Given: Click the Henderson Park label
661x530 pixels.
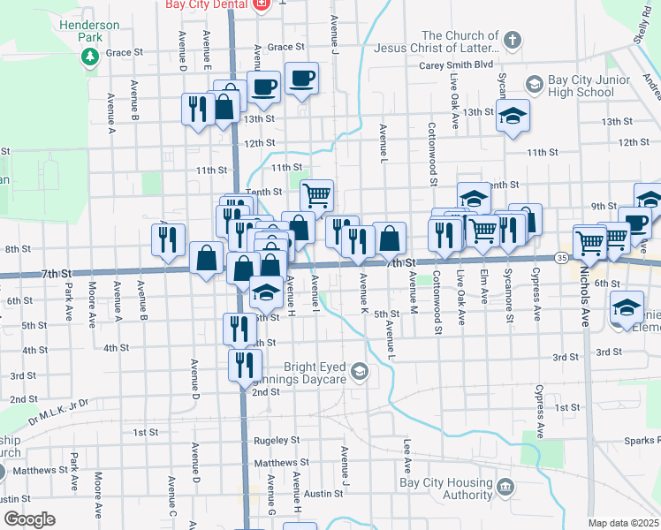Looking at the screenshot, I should tap(89, 32).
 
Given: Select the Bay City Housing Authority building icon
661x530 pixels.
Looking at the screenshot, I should tap(505, 486).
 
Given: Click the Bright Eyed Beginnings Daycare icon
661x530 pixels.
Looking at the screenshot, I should tap(359, 370).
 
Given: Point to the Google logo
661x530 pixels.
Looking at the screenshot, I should tap(29, 519).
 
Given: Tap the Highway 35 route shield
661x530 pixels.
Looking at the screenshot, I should tap(562, 257).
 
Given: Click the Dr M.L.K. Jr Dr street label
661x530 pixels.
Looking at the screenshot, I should tap(58, 411).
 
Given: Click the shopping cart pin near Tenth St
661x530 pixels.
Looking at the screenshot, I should tap(315, 193).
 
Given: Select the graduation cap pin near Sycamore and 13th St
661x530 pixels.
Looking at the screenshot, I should tap(512, 117).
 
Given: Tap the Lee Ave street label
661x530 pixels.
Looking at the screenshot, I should tap(407, 452).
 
